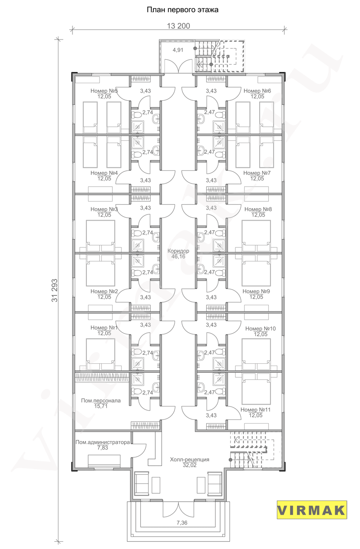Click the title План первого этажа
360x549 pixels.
point(182,10)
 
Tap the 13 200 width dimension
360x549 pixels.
point(179,26)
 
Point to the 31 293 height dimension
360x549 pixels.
point(54,290)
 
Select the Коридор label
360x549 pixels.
point(178,251)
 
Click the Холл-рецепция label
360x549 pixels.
point(189,460)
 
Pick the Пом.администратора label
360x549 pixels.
point(103,442)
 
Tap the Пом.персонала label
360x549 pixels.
point(101,401)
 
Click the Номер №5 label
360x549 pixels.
point(104,91)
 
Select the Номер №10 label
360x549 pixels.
point(261,329)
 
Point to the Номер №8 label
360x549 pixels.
point(258,210)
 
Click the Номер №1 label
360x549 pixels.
point(104,328)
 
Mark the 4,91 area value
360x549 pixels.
point(178,50)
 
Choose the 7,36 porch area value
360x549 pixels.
point(182,523)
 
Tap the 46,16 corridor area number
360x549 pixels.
point(178,257)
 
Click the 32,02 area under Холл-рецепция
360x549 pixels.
point(189,465)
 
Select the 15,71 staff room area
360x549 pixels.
point(101,406)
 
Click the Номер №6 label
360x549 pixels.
point(257,91)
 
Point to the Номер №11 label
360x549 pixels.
point(256,410)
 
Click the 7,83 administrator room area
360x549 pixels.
point(103,448)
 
